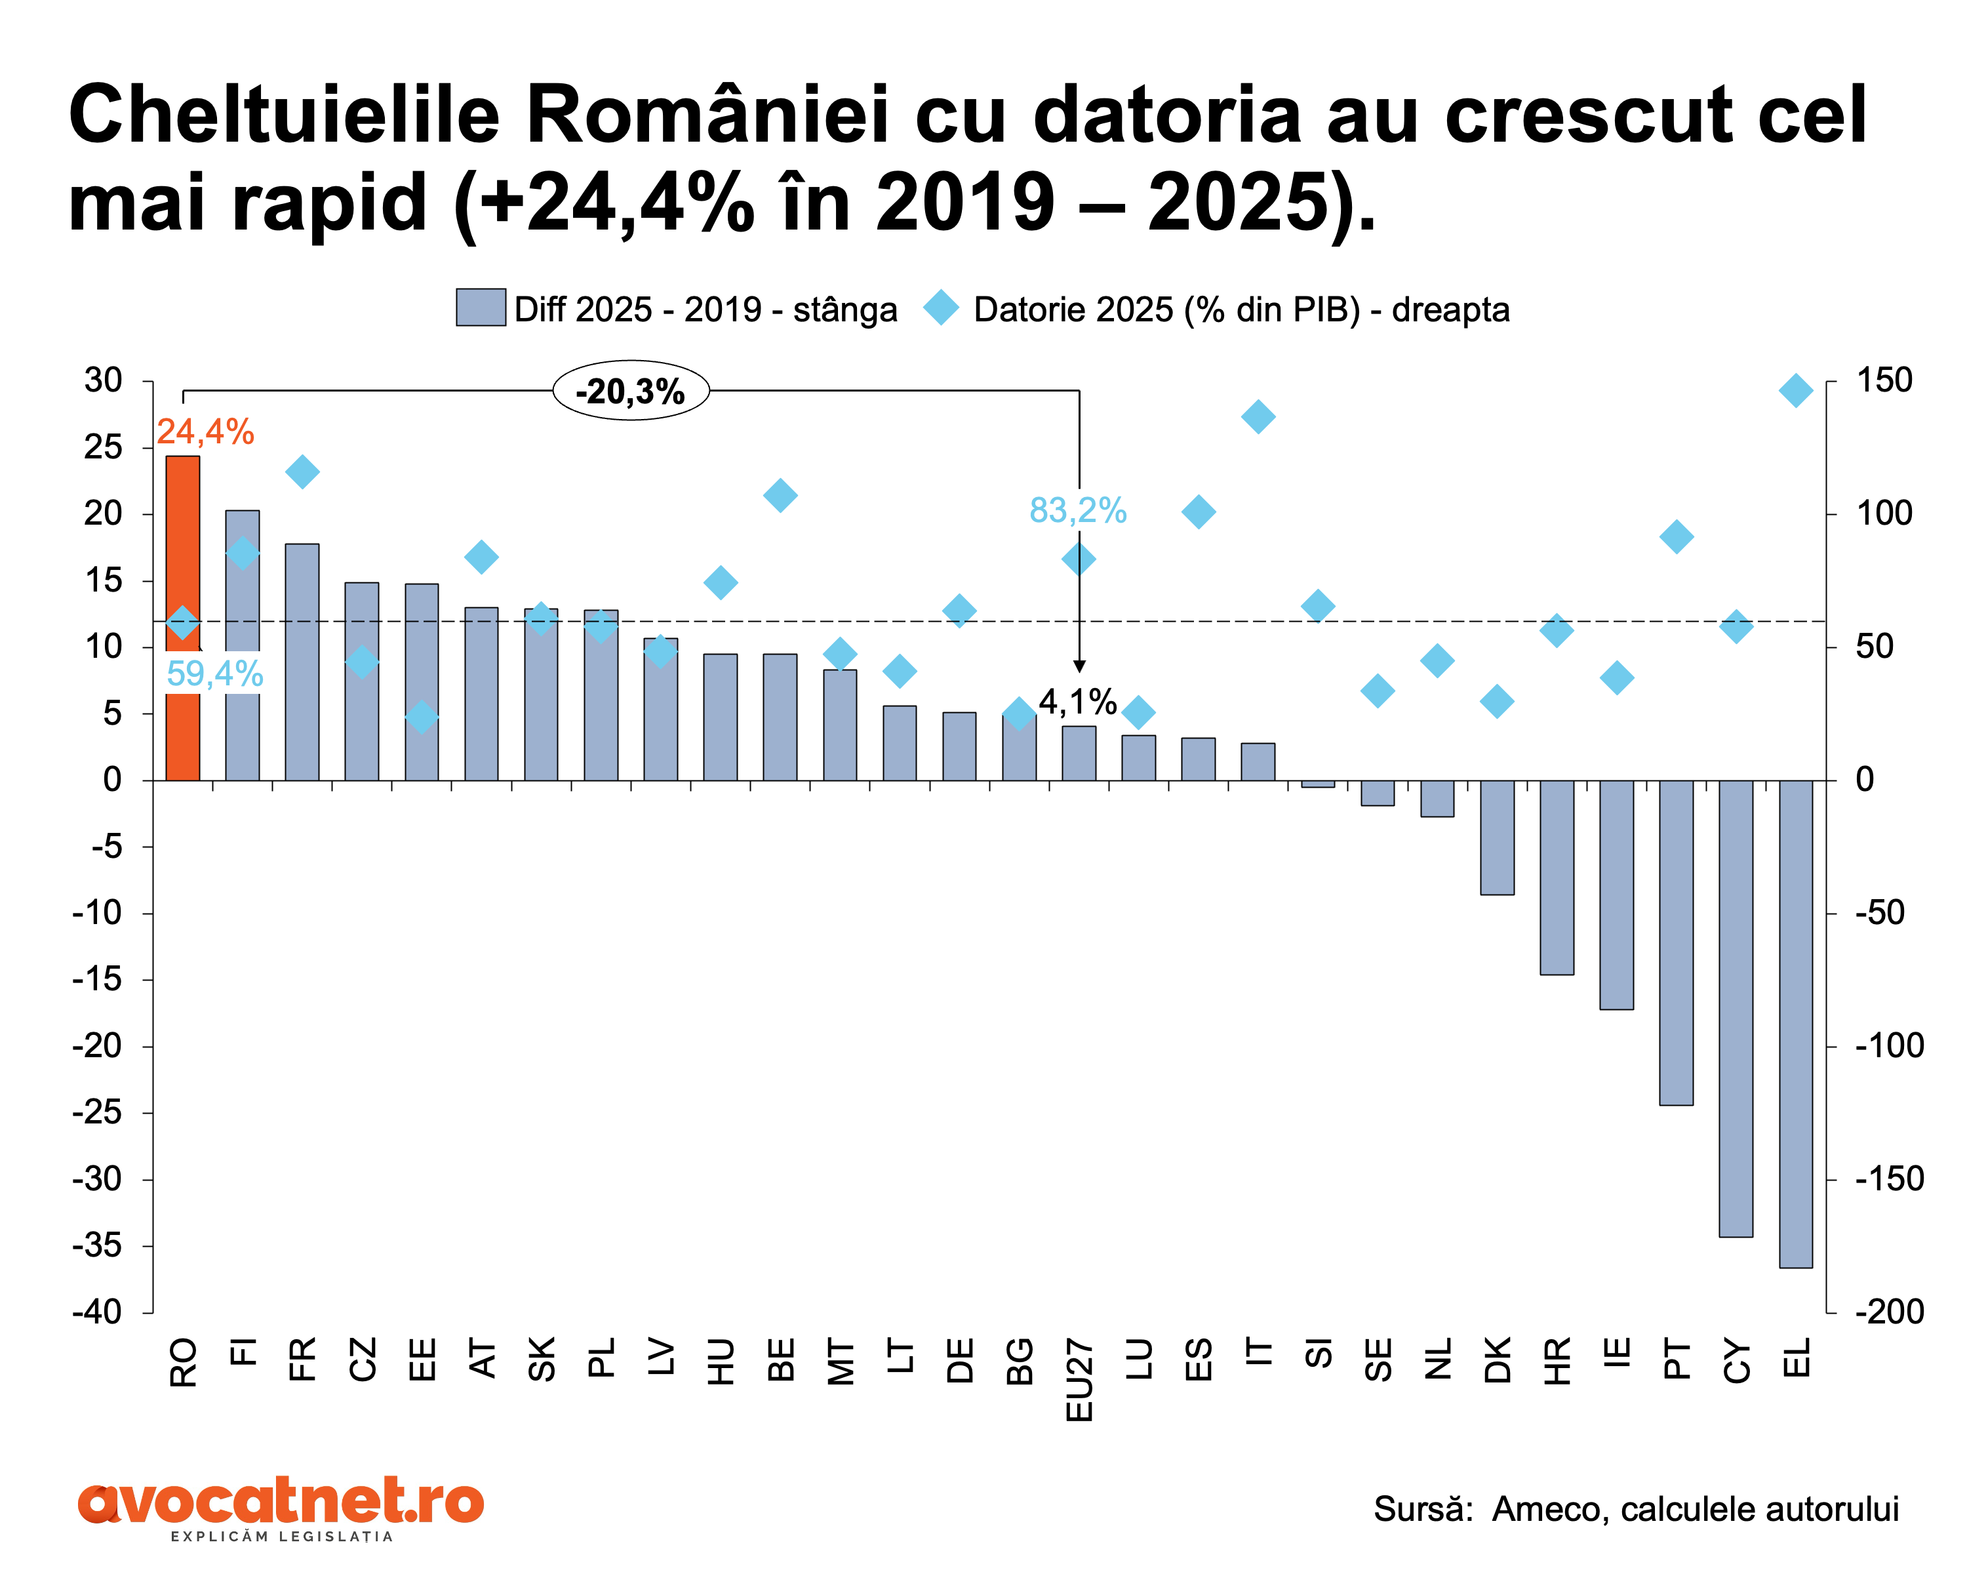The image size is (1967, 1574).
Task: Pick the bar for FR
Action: [302, 662]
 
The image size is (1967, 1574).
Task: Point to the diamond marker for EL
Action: [1795, 390]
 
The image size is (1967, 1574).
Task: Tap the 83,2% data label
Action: [1077, 510]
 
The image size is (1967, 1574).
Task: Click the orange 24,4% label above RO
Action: [205, 432]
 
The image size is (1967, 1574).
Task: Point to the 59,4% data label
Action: [214, 674]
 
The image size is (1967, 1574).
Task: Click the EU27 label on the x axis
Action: [1079, 1380]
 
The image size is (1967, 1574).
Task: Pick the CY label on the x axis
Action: [1737, 1360]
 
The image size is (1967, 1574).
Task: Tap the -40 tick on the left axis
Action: [98, 1312]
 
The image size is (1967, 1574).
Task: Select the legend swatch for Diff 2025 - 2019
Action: [481, 308]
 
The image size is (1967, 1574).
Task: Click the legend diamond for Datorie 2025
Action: [941, 308]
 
